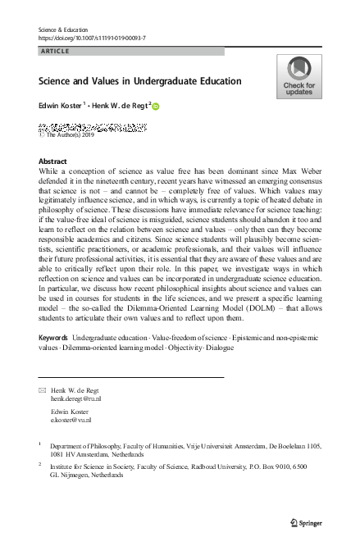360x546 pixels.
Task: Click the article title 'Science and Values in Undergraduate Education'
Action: [x=140, y=82]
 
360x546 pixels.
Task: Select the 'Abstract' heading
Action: [x=52, y=162]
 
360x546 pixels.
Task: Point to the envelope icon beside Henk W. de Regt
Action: [x=43, y=389]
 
